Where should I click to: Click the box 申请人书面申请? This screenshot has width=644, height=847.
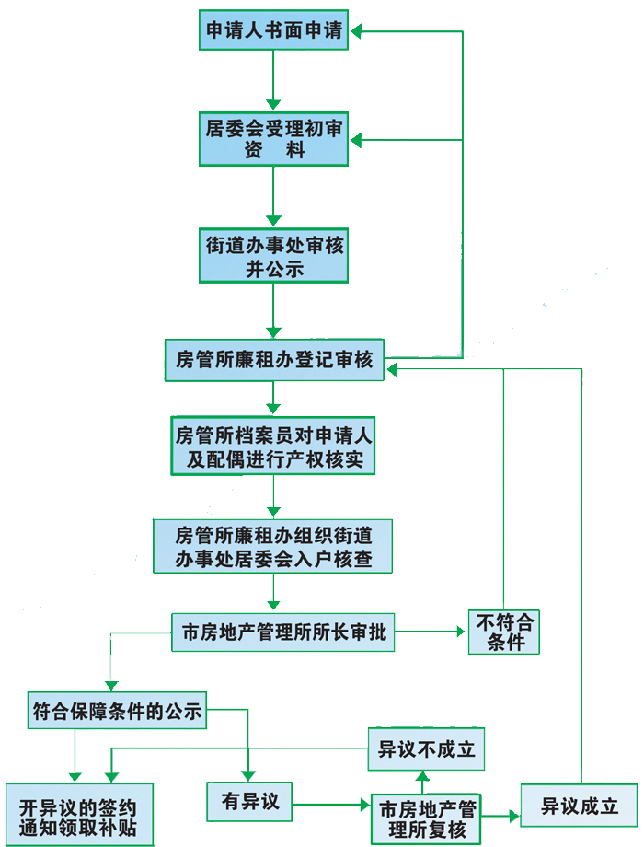pos(274,30)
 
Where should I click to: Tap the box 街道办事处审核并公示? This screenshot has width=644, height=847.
pos(274,256)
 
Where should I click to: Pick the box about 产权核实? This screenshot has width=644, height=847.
pos(273,446)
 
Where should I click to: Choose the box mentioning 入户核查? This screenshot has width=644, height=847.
pos(272,546)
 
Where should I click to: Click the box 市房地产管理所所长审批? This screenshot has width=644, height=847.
pos(283,632)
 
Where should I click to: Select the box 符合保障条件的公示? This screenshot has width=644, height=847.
pos(116,711)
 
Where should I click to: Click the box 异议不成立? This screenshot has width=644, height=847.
pos(427,749)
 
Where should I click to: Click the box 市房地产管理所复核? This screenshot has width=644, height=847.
pos(427,818)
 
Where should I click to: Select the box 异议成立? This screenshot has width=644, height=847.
pos(579,806)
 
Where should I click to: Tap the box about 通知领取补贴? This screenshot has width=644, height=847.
pos(78,817)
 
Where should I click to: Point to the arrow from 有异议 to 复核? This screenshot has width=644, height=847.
pos(331,804)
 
